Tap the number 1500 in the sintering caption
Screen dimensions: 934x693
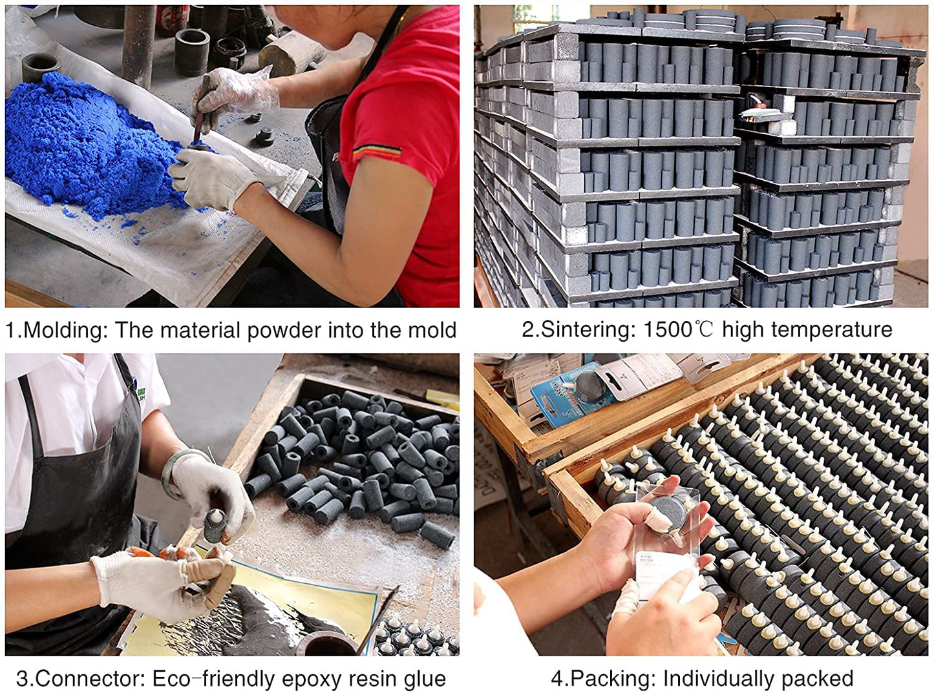pyautogui.click(x=668, y=329)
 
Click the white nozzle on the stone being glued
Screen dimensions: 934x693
pyautogui.click(x=217, y=516)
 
